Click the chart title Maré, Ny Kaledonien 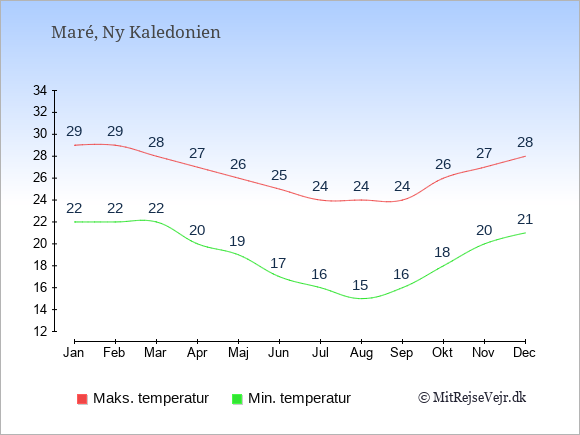136,32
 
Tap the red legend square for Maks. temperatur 82,399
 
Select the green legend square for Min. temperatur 237,399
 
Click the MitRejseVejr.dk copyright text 472,398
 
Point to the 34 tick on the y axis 40,90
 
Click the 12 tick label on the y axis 40,331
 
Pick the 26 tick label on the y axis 40,178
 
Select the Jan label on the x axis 74,353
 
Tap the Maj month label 238,353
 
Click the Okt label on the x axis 442,353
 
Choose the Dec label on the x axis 525,353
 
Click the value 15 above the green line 360,286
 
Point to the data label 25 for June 279,175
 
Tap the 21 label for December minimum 525,220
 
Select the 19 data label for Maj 237,242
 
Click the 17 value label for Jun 278,263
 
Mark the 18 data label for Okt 442,253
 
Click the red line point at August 361,200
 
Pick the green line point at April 198,244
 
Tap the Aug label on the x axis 361,353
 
